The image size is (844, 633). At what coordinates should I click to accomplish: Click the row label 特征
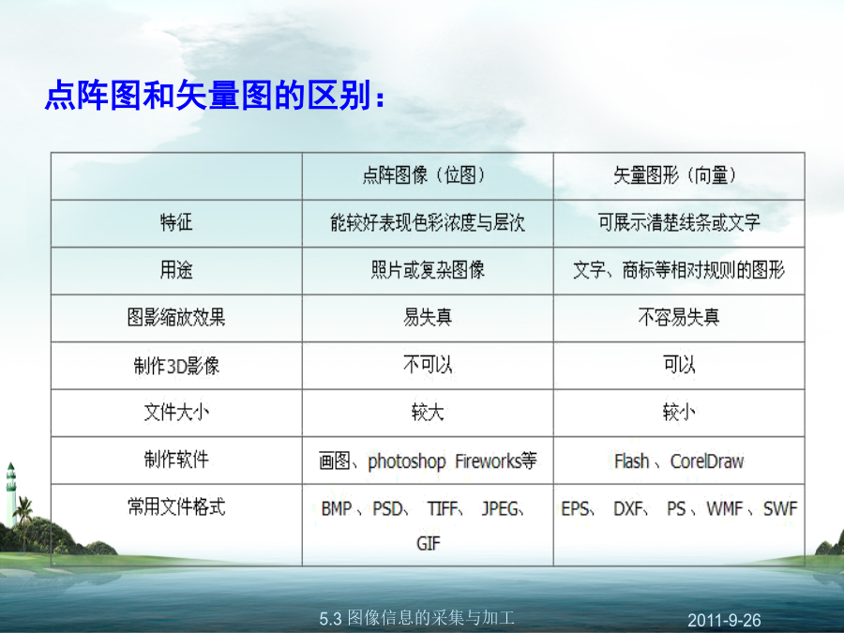click(x=176, y=221)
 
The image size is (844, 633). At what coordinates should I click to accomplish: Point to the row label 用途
click(x=176, y=269)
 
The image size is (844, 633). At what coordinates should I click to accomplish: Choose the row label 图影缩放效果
click(x=176, y=317)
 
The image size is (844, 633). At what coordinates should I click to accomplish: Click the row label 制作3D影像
click(x=176, y=366)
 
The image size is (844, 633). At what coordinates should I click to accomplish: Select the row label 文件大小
click(x=176, y=413)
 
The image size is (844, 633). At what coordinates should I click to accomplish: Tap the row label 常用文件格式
click(x=176, y=506)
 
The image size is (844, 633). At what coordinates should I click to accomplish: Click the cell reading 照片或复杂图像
click(x=428, y=269)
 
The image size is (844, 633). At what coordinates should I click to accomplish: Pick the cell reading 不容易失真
click(x=678, y=317)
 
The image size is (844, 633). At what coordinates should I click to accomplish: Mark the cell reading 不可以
click(x=428, y=365)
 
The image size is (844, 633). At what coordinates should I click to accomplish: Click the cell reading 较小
click(x=678, y=413)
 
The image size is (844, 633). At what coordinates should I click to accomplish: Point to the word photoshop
click(x=406, y=461)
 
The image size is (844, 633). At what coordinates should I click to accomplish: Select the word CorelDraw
click(x=707, y=461)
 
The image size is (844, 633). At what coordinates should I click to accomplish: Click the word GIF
click(x=428, y=543)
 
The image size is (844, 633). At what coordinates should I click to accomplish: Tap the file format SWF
click(x=780, y=508)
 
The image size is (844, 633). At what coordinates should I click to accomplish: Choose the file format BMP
click(x=337, y=508)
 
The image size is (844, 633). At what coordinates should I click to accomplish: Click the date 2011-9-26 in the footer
click(x=724, y=620)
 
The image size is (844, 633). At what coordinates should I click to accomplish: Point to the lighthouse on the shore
click(x=10, y=493)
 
